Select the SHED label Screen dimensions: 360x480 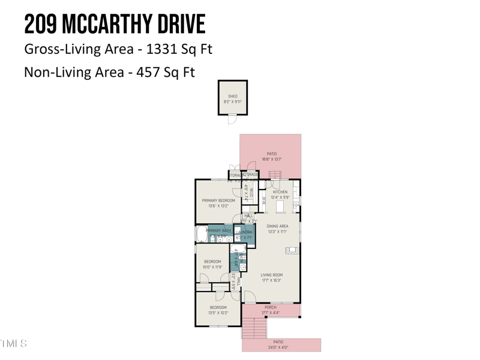(233, 96)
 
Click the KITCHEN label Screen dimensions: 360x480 (280, 192)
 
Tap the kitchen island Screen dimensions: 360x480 (280, 206)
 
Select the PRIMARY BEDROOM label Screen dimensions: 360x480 (218, 200)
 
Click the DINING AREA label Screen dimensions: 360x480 (277, 226)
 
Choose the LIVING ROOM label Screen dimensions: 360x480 (272, 275)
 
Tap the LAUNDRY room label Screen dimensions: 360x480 (244, 232)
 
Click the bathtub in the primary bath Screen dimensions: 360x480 (200, 235)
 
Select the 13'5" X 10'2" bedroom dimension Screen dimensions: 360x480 (218, 313)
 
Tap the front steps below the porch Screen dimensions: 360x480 (254, 329)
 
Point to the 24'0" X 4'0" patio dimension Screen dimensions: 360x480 (278, 347)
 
